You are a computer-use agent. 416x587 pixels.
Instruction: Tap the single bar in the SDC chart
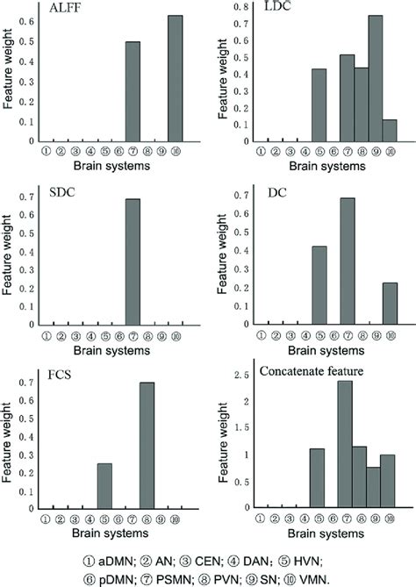[133, 262]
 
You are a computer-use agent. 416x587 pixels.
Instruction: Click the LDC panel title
[279, 8]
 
